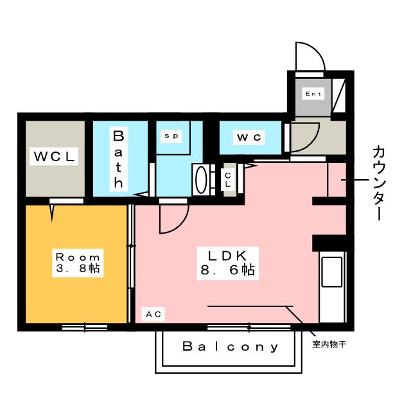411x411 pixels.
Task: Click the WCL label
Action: tap(55, 156)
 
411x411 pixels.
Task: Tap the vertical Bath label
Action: tap(119, 159)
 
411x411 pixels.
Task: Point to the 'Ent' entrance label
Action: tap(313, 94)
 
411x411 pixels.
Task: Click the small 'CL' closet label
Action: tap(228, 178)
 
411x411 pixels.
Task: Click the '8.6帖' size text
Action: tap(227, 270)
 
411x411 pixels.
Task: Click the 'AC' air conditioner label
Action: tap(153, 314)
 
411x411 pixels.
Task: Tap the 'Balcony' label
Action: tap(231, 347)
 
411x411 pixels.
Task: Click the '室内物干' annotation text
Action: tap(329, 345)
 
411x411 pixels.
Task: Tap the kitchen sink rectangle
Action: tap(332, 273)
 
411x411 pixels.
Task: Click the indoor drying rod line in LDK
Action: tap(250, 306)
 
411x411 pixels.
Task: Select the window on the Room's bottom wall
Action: tap(85, 328)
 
